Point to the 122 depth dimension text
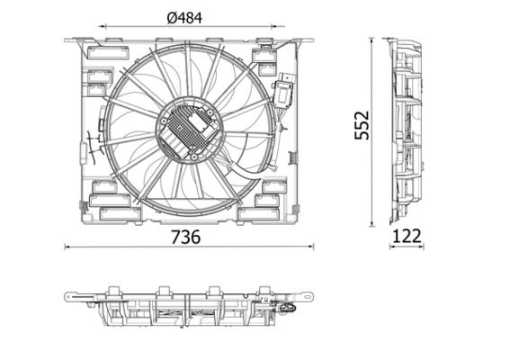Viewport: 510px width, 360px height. pyautogui.click(x=407, y=236)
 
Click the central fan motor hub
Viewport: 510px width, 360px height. pyautogui.click(x=190, y=129)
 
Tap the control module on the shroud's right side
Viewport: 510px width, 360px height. pyautogui.click(x=289, y=90)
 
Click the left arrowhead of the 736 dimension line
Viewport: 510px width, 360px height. pyautogui.click(x=68, y=246)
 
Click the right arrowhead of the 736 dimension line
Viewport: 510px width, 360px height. pyautogui.click(x=314, y=246)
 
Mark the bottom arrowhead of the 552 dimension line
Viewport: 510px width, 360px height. pyautogui.click(x=374, y=224)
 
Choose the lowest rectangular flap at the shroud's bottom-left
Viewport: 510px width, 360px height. pyautogui.click(x=114, y=214)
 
